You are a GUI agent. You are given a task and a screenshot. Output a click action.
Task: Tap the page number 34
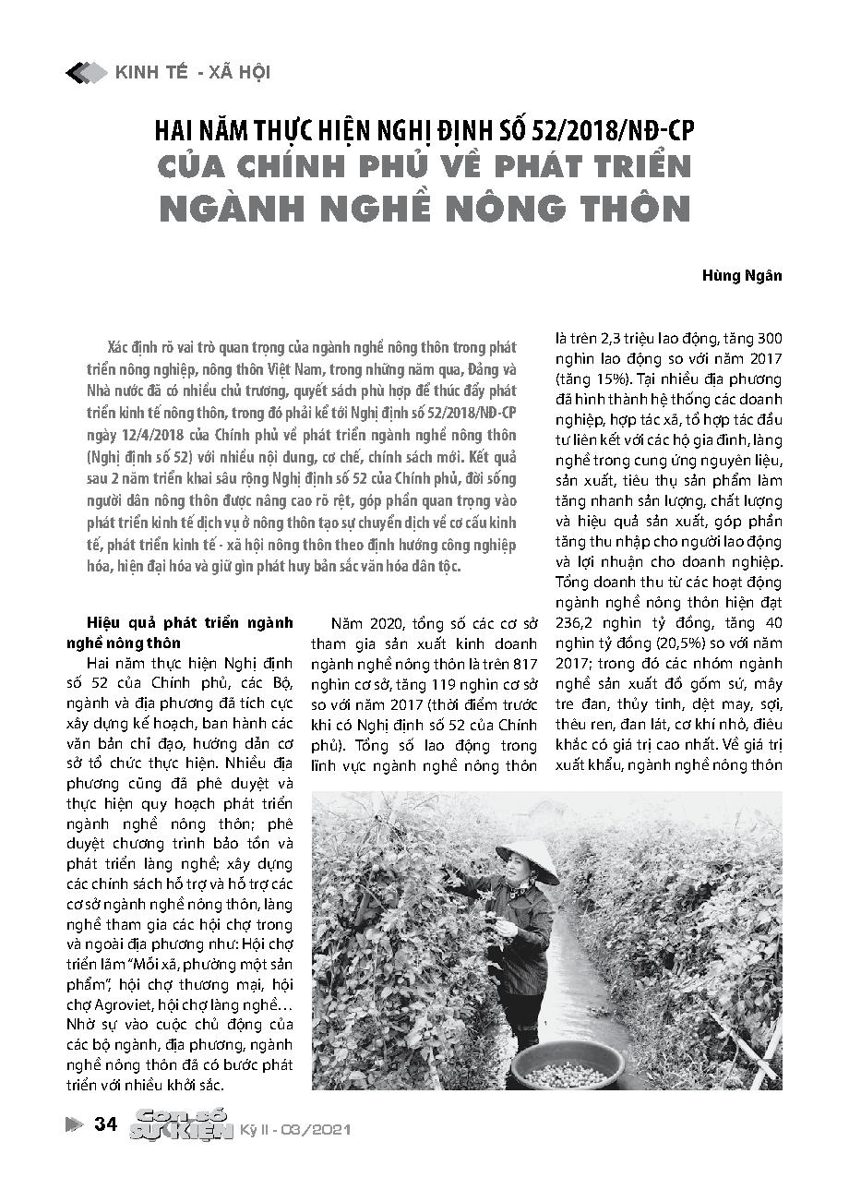coord(106,1124)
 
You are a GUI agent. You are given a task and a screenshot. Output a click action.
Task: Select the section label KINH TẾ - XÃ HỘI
coord(192,72)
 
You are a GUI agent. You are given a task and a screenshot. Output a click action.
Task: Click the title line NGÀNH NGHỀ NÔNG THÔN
coord(425,209)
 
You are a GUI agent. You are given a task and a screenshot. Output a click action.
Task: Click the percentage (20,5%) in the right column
coord(661,643)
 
